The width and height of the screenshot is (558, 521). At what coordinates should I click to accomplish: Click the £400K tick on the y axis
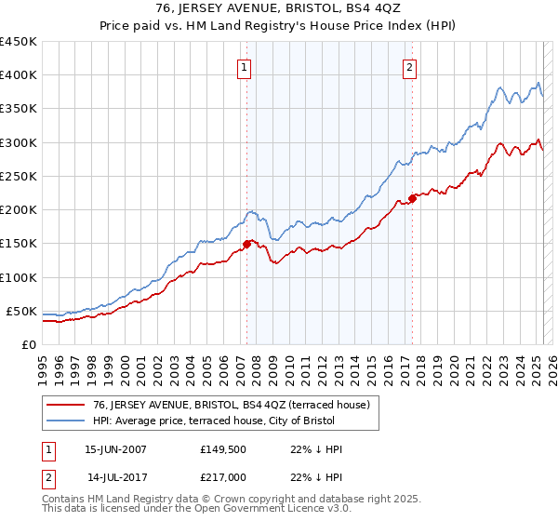point(18,75)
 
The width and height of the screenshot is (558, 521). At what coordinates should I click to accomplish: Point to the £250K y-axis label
point(18,176)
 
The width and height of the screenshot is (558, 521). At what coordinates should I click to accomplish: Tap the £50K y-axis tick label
point(21,311)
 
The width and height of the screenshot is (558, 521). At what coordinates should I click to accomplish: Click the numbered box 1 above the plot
point(244,66)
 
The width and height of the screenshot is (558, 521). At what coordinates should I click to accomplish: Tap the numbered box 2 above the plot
point(409,66)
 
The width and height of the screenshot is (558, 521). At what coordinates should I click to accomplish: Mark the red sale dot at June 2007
point(246,244)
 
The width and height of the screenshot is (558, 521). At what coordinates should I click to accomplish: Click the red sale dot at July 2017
point(412,198)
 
